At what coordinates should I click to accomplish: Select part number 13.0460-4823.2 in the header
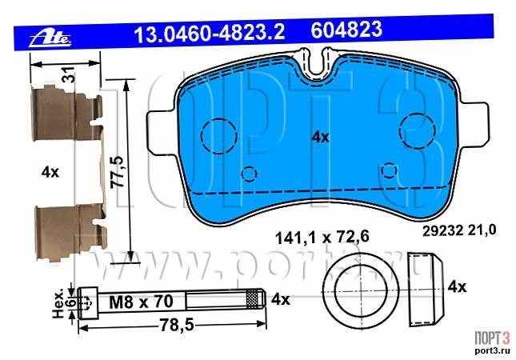point(209,32)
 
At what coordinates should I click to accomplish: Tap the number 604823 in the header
point(346,30)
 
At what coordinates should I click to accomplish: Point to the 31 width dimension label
point(70,74)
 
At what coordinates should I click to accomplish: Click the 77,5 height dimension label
point(118,172)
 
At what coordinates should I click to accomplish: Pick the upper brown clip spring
point(67,113)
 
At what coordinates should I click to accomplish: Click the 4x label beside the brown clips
point(50,172)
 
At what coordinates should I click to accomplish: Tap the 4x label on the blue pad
point(320,137)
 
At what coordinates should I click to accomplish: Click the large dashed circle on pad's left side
point(202,136)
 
